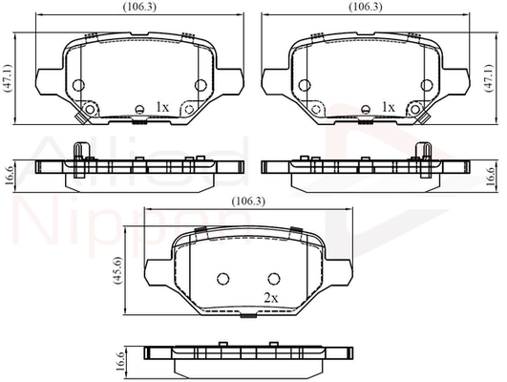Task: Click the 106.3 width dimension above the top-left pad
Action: (x=139, y=7)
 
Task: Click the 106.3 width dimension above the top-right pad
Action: (x=366, y=7)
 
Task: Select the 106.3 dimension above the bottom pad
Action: (x=248, y=202)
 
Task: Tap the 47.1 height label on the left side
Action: (x=8, y=78)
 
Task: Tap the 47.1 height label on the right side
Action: (x=489, y=78)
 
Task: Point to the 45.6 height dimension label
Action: (x=116, y=270)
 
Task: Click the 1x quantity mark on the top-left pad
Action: (x=162, y=107)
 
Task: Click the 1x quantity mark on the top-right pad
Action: (x=388, y=107)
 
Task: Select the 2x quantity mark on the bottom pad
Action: (x=270, y=298)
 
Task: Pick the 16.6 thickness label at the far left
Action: (x=10, y=177)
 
